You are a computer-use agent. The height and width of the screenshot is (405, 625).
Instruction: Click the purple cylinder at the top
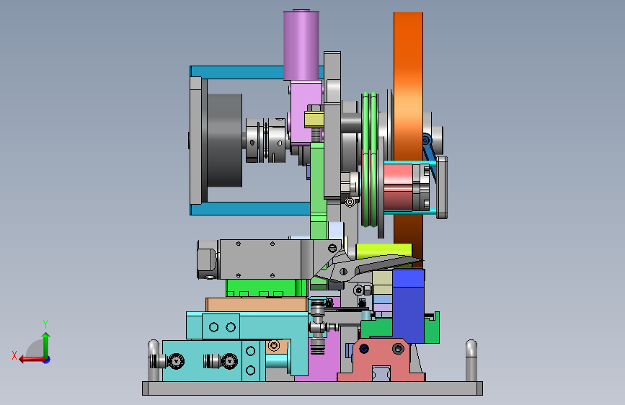pos(301,45)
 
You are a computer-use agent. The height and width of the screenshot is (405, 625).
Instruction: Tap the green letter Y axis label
pos(45,324)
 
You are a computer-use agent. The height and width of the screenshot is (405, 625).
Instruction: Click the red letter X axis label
pos(14,355)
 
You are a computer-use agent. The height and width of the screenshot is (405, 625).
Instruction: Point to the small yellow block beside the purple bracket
pos(314,120)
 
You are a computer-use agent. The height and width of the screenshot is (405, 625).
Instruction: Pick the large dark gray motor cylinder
pos(224,141)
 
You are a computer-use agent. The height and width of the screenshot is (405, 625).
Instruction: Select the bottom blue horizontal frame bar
pos(250,208)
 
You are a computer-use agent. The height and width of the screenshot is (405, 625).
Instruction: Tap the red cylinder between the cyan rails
pos(398,187)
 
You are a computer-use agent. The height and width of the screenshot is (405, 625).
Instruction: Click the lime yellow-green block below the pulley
pos(384,251)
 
